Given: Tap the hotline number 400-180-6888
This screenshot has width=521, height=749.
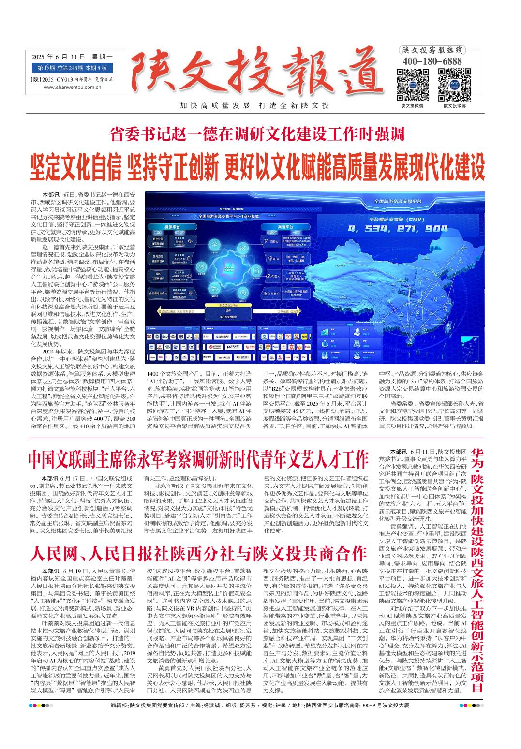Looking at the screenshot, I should pos(432,61).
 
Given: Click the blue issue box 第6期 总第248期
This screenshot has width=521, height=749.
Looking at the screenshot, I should pos(72,68).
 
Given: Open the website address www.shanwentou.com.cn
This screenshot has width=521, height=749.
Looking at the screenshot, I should pos(72,87).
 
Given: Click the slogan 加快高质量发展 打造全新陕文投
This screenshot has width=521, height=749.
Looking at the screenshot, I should pos(254,106).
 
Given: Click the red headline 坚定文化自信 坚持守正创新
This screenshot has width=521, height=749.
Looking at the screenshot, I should pos(257,165).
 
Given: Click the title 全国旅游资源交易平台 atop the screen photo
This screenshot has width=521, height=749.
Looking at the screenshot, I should pos(398,200).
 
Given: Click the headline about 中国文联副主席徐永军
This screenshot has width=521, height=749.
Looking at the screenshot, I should pos(198,459).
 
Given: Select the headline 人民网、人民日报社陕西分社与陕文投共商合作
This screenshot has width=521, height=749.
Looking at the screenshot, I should pos(198,553).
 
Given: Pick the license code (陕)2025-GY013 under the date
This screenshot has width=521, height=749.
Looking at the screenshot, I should pos(72,79).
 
